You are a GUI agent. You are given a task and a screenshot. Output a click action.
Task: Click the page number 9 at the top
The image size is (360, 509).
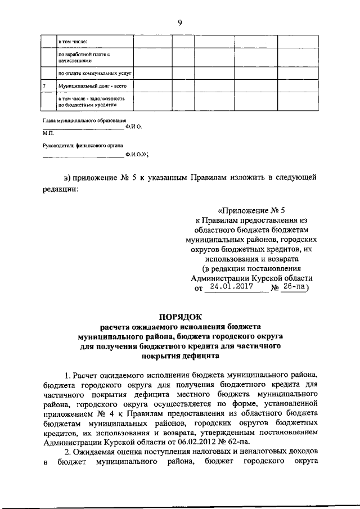[180, 22]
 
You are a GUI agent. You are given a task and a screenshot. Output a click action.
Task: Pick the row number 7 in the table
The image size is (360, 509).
[45, 86]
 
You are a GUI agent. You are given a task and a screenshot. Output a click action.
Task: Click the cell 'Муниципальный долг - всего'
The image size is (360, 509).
[87, 86]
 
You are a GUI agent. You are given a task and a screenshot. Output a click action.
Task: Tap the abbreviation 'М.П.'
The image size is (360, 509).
[48, 134]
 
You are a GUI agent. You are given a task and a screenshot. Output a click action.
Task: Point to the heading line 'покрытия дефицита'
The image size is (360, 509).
[180, 355]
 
